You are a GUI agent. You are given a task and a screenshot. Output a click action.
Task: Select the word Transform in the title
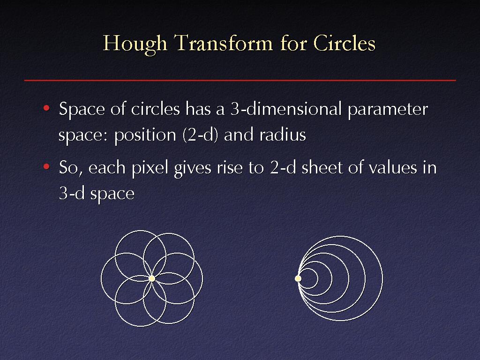[224, 43]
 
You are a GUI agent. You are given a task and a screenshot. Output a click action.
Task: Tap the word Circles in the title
[345, 43]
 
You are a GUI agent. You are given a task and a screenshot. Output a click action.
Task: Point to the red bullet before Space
[46, 108]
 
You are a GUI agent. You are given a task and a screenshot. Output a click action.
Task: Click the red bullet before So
[46, 167]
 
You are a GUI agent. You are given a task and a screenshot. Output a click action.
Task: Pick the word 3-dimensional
[286, 109]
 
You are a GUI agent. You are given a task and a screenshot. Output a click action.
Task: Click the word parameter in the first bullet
[388, 111]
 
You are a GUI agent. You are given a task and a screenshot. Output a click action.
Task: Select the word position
[145, 135]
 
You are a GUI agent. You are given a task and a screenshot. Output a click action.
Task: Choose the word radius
[283, 135]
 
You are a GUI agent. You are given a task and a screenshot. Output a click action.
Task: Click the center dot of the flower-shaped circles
[152, 278]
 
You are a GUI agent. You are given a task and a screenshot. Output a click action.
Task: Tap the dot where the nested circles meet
[298, 278]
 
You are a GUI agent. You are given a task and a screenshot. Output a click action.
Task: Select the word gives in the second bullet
[193, 169]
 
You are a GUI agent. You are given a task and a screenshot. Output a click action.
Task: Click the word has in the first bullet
[198, 109]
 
